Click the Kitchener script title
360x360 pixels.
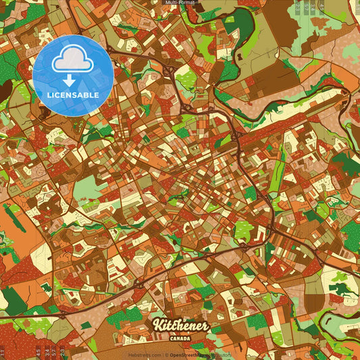coord(180,325)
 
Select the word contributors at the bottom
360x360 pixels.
coord(220,355)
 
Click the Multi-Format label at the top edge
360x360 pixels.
coord(180,3)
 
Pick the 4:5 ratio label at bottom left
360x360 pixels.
coord(38,352)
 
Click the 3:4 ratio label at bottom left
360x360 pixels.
coord(47,352)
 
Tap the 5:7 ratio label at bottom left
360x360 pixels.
coord(55,352)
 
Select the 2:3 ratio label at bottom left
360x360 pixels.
coord(63,352)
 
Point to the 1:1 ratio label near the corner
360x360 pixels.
coord(3,352)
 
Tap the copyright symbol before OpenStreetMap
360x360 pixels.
coord(166,355)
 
